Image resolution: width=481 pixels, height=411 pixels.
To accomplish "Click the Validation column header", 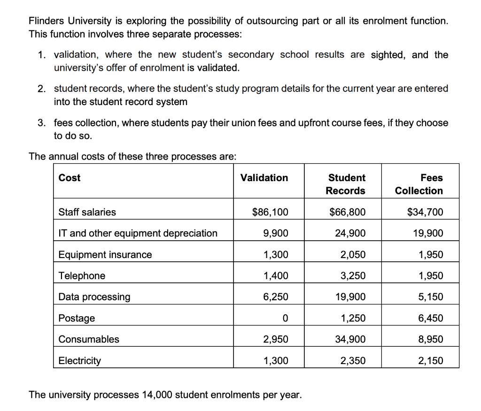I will [x=264, y=178].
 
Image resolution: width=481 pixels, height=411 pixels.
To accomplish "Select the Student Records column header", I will [x=346, y=184].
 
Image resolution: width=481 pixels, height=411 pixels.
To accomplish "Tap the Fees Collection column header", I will [x=419, y=184].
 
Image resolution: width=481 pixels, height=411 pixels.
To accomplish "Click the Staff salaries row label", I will [x=87, y=212].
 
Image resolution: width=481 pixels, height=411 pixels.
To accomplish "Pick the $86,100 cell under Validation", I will [x=270, y=212].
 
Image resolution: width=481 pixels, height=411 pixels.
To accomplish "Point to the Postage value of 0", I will [x=285, y=318].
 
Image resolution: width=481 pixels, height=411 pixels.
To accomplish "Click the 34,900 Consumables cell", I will [x=350, y=339].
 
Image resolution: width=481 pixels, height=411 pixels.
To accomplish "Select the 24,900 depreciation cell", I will [x=350, y=233].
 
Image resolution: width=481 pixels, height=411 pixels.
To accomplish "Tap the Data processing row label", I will [x=94, y=297].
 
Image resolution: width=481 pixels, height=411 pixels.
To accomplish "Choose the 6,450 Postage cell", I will [x=430, y=318].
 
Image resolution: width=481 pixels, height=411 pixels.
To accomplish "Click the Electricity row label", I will [x=79, y=361].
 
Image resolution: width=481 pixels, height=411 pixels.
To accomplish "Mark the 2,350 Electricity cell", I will [x=353, y=361].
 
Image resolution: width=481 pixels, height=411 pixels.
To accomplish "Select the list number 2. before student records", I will [x=42, y=89].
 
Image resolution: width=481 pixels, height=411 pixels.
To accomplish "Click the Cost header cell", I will [x=70, y=178].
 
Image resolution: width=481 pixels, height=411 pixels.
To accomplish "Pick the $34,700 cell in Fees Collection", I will [x=425, y=212].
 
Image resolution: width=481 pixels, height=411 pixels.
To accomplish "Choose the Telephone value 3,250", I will [x=353, y=276].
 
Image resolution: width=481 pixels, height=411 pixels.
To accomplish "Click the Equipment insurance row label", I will [x=105, y=255].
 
